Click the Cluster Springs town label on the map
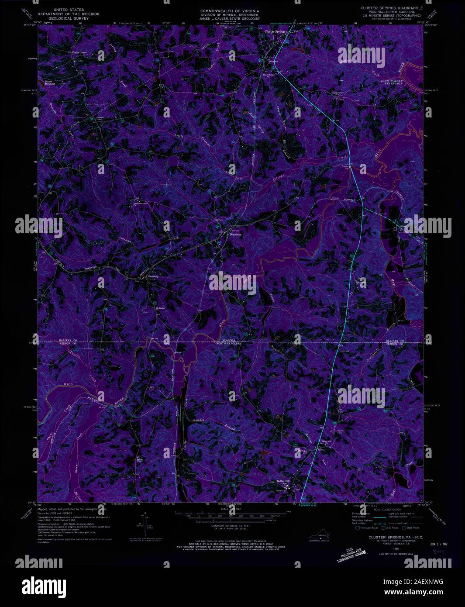click(274, 32)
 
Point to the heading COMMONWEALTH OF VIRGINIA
click(230, 10)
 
